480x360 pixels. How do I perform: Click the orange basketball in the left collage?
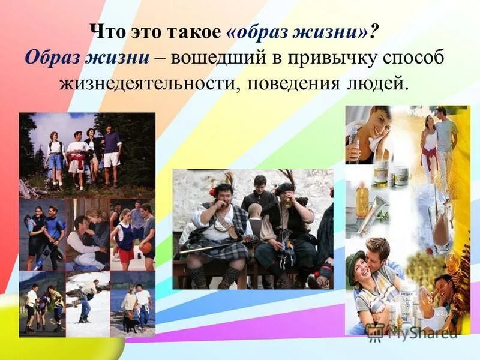coord(146,248)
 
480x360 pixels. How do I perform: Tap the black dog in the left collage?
coord(131,323)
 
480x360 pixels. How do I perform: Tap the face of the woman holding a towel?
coord(377,122)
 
